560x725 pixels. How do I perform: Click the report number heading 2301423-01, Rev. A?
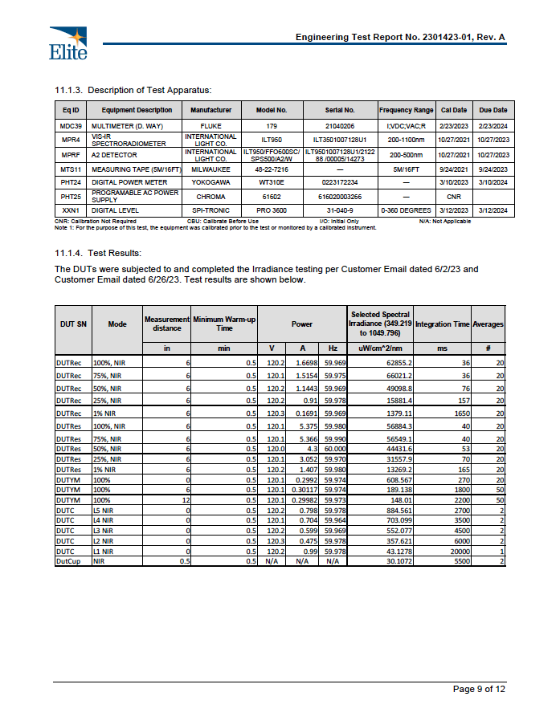coord(400,38)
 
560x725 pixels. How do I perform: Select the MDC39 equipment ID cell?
coord(70,127)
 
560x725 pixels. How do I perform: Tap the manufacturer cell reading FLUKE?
coord(211,127)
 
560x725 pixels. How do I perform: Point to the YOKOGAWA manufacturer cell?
coord(211,183)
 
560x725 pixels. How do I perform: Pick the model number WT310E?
coord(271,183)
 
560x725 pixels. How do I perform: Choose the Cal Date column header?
coord(454,110)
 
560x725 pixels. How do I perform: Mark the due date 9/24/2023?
coord(493,170)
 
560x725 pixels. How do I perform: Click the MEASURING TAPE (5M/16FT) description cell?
coord(132,170)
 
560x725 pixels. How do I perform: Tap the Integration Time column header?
coord(442,324)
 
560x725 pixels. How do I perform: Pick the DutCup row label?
coord(67,561)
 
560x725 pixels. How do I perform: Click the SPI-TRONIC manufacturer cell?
coord(211,210)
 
